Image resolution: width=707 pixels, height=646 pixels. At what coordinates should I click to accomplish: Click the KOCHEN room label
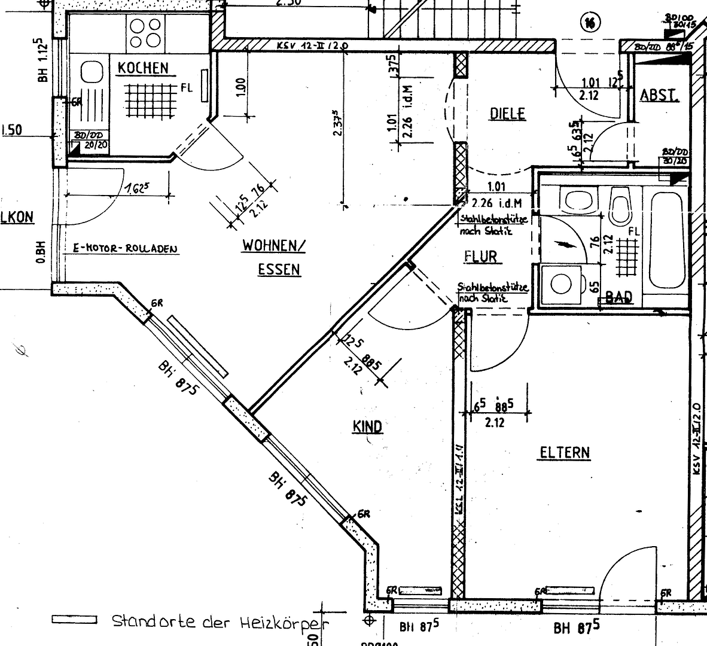point(142,68)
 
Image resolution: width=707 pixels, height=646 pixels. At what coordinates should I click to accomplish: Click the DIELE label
point(507,113)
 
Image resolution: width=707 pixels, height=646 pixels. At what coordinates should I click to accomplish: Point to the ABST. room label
point(659,96)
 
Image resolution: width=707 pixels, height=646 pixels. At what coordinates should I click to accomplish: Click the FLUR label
point(481,257)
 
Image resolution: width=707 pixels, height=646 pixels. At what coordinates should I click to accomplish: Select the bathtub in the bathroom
point(665,239)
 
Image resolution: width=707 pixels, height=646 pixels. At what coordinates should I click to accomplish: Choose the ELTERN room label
point(565,452)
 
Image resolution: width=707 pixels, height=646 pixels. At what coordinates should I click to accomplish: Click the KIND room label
point(367,426)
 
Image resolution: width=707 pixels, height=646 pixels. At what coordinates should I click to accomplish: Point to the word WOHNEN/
point(274,245)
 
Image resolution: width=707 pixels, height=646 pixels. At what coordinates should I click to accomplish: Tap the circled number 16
point(590,23)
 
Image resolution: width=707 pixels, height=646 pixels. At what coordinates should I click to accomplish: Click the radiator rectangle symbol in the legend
point(74,620)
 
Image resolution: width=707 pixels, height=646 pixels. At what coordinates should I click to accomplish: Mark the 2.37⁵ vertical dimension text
point(337,123)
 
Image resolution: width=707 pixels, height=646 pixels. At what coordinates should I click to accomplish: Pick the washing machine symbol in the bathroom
point(562,284)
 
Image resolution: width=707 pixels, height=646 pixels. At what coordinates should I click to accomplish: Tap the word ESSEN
point(279,270)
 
